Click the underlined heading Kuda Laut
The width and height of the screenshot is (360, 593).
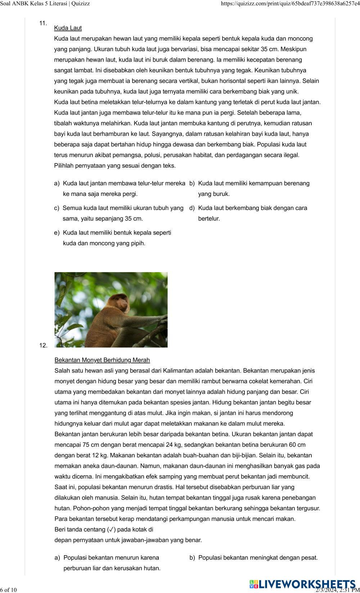(68, 28)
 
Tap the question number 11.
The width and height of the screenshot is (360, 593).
(43, 23)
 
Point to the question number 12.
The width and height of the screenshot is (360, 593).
(43, 346)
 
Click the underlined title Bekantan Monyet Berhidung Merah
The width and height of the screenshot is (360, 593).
(102, 360)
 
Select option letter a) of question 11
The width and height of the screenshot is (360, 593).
(57, 184)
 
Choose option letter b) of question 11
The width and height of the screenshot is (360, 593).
(192, 184)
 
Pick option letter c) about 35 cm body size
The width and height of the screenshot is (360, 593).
(57, 208)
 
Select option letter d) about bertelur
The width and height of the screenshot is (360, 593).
(192, 208)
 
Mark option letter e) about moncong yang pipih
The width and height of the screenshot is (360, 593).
(57, 233)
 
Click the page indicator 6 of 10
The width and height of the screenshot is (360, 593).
(9, 590)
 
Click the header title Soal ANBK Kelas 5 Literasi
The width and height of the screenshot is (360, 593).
(45, 4)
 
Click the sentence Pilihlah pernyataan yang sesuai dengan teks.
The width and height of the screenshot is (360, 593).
(115, 166)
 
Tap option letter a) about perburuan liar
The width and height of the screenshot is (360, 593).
(57, 558)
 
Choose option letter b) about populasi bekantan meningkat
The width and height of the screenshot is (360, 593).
(192, 558)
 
